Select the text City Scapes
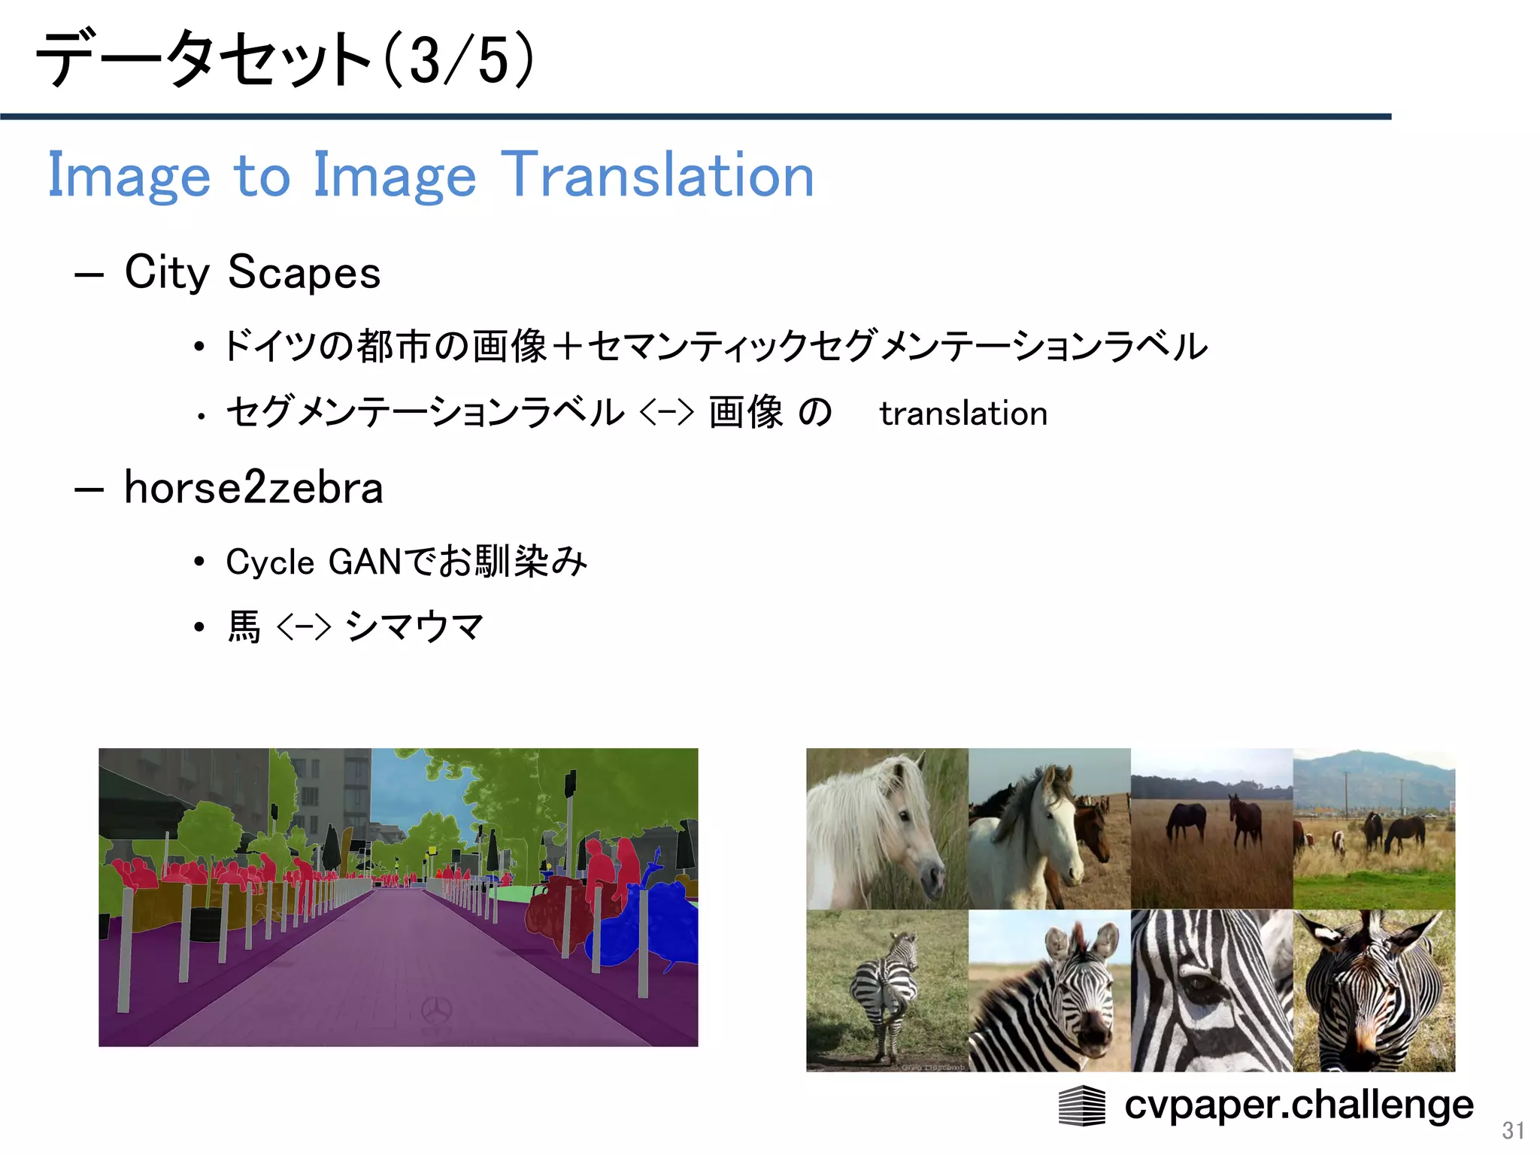(x=252, y=272)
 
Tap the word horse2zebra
(x=253, y=487)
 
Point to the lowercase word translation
(x=963, y=414)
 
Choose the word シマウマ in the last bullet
(x=414, y=626)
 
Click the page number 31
(x=1513, y=1130)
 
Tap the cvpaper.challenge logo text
(x=1299, y=1105)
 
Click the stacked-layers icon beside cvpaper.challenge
(x=1081, y=1105)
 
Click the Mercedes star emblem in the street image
(x=436, y=1010)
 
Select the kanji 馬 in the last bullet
(x=244, y=626)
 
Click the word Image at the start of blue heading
(x=129, y=175)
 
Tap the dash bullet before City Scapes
(x=89, y=274)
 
